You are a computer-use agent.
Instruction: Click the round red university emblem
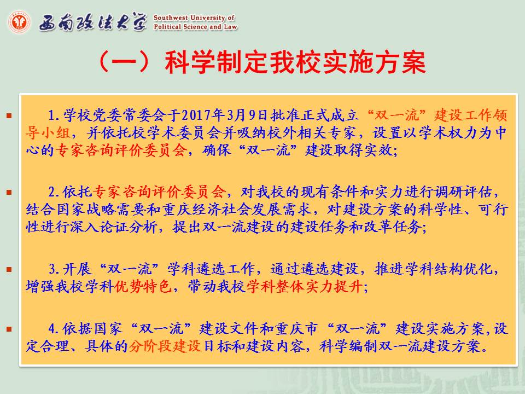[x=19, y=22]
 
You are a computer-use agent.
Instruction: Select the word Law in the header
[x=230, y=27]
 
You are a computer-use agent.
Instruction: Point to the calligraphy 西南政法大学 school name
[x=93, y=22]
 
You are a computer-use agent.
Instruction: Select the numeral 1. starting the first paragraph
[x=54, y=115]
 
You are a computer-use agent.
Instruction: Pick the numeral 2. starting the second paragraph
[x=54, y=192]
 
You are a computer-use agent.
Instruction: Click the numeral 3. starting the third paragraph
[x=54, y=269]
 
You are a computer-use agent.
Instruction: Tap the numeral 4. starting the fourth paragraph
[x=54, y=329]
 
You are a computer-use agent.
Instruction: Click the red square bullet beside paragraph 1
[x=9, y=116]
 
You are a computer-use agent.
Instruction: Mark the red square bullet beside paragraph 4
[x=9, y=329]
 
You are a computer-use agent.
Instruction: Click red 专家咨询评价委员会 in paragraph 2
[x=159, y=192]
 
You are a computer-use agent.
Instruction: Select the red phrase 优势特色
[x=143, y=286]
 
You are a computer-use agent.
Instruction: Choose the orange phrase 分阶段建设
[x=165, y=346]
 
